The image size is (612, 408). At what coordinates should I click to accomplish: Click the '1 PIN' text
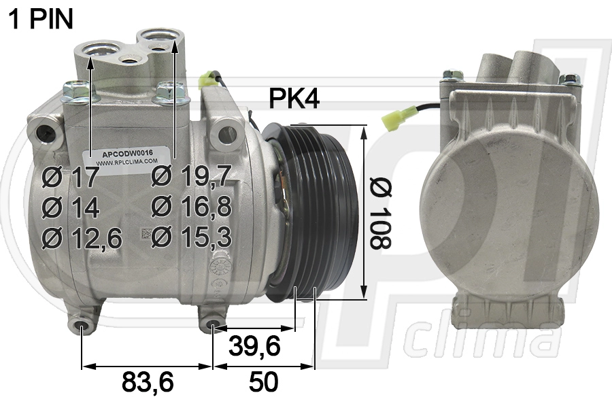pyautogui.click(x=41, y=18)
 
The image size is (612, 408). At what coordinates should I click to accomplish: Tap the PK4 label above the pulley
pyautogui.click(x=294, y=99)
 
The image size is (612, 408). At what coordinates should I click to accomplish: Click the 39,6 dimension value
pyautogui.click(x=254, y=345)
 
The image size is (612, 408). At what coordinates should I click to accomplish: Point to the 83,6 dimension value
pyautogui.click(x=148, y=381)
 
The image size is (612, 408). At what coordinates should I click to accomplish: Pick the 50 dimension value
pyautogui.click(x=263, y=381)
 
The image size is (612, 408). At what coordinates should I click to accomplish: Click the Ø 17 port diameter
pyautogui.click(x=70, y=177)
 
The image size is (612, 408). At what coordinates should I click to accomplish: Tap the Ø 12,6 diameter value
pyautogui.click(x=82, y=238)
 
